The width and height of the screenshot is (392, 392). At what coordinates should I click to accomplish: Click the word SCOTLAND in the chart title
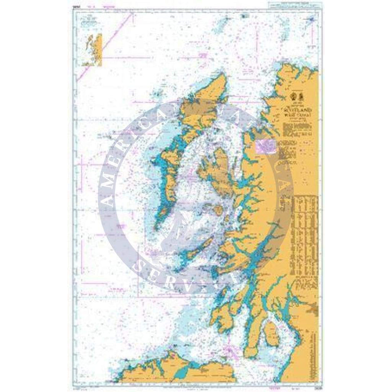click(x=294, y=107)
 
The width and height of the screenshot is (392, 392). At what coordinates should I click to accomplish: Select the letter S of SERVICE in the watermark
click(x=141, y=266)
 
